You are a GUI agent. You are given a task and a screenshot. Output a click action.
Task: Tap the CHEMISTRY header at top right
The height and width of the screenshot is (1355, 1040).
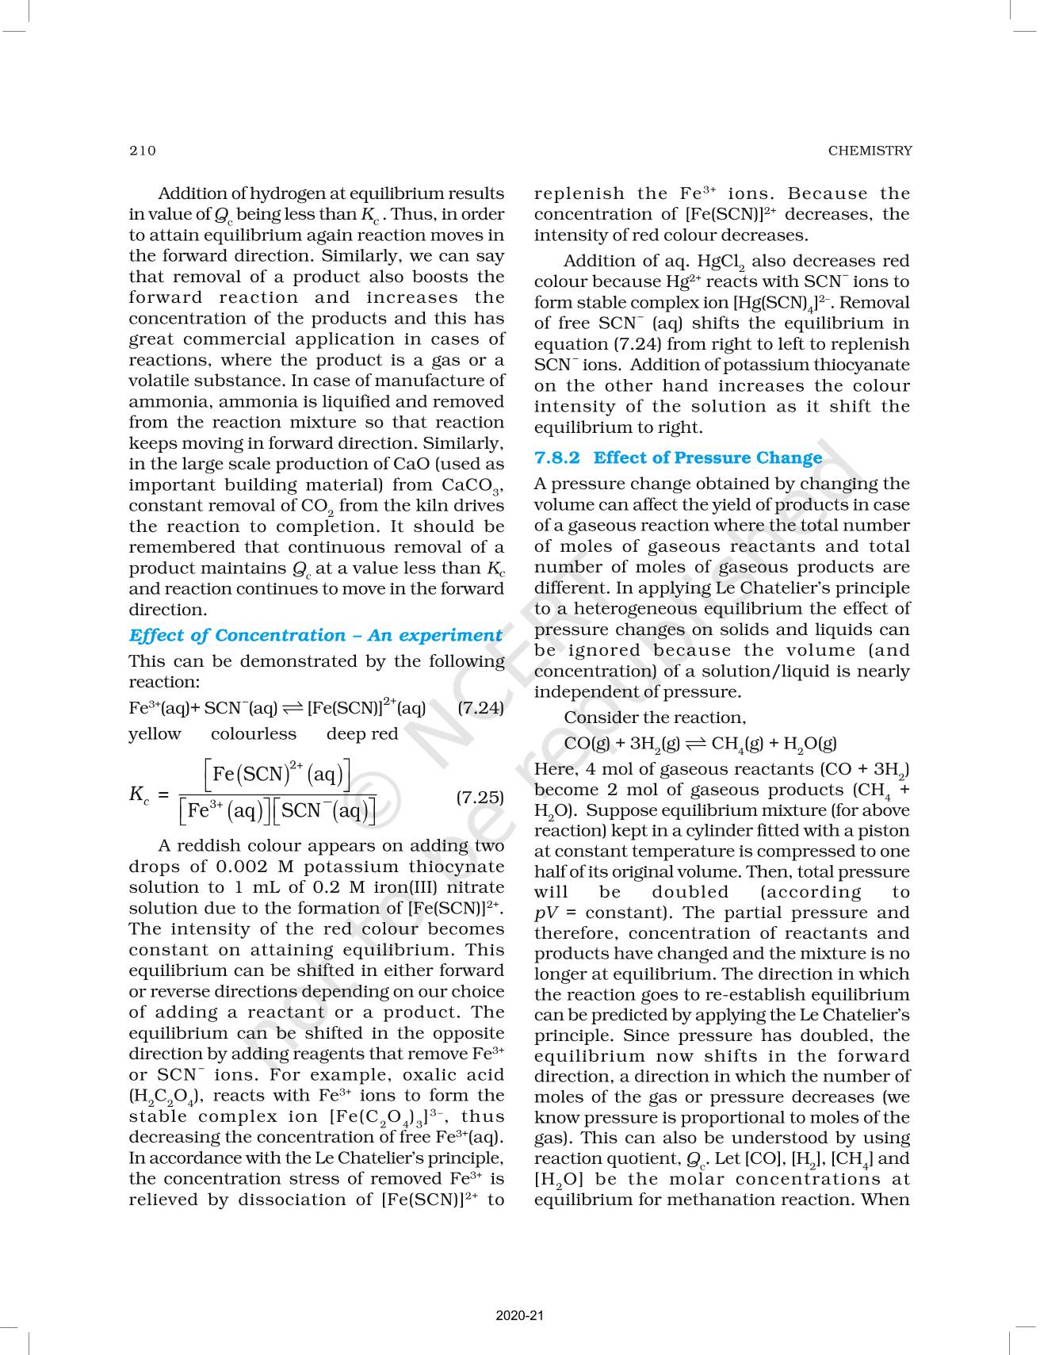coord(870,151)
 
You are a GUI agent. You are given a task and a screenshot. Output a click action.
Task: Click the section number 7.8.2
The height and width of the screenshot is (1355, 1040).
coord(557,457)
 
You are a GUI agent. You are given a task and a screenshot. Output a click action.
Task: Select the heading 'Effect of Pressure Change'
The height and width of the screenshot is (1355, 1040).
coord(708,457)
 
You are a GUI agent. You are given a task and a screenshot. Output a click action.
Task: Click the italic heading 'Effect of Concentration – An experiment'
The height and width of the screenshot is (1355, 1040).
coord(315,635)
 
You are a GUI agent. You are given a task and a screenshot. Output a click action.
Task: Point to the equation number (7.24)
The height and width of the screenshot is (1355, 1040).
coord(480,707)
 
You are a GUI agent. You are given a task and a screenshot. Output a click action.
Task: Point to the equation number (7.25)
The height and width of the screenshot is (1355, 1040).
coord(480,797)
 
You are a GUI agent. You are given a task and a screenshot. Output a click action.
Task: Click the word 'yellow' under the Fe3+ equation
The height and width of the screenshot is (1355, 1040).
coord(155,734)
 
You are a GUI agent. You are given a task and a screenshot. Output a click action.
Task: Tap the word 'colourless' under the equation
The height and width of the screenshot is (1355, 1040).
coord(254,734)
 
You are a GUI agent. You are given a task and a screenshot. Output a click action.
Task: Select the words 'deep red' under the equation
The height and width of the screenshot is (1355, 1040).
coord(362,734)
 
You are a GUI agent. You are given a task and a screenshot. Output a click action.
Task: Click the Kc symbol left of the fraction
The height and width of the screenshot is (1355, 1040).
coord(139,794)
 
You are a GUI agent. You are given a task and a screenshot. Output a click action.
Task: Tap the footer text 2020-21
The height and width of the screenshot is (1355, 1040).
coord(520,1316)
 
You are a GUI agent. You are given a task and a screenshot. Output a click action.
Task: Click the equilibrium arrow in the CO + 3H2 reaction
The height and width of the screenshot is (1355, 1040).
coord(696,744)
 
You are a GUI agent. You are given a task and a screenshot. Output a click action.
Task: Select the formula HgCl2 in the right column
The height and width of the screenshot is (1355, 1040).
coord(721,262)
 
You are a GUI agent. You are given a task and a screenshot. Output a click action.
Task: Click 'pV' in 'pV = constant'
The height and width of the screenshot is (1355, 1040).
coord(546,913)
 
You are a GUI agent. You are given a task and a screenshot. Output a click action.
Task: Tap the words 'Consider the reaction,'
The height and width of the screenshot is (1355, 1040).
coord(655,718)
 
